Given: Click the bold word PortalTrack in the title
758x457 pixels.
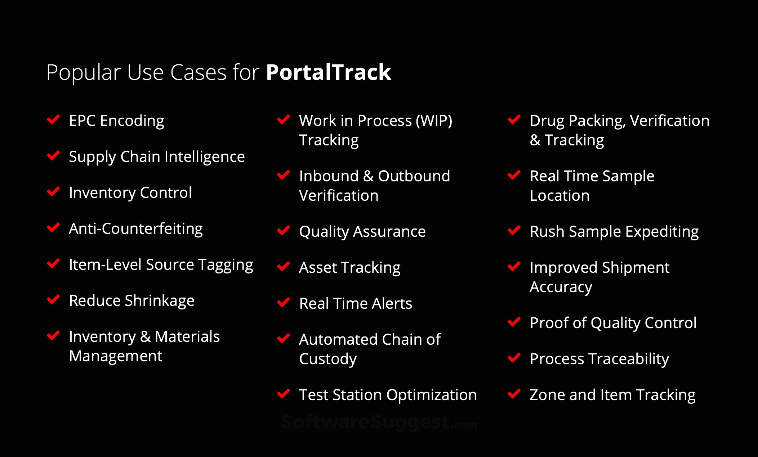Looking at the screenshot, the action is (329, 72).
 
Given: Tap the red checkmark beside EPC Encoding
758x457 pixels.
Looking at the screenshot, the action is (53, 119).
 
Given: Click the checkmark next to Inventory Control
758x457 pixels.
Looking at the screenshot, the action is (53, 191).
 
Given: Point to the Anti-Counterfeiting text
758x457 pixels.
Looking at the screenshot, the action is (136, 229).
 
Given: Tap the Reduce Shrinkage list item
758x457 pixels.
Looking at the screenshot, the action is (131, 301).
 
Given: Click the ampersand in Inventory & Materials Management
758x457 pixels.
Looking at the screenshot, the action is (145, 337).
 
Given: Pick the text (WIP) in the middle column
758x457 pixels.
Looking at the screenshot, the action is (434, 121).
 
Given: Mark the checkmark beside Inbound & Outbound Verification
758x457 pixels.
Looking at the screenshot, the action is (284, 175).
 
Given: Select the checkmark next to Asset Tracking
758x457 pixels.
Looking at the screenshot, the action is (284, 266).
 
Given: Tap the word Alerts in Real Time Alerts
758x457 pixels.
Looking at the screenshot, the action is (392, 304).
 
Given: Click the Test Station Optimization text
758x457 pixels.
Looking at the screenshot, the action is (388, 395).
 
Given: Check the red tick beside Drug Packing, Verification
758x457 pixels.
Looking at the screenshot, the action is (514, 119).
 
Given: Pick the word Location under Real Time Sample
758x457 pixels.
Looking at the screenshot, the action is (560, 196).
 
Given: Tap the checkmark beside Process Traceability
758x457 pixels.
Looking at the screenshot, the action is (514, 358).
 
